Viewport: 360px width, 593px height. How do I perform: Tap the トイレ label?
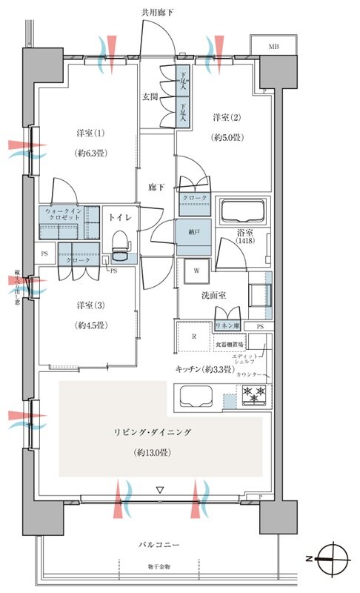120,218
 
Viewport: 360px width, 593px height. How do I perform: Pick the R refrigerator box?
193,336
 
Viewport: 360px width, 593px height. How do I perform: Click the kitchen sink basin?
196,398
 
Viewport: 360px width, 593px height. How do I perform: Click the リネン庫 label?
225,327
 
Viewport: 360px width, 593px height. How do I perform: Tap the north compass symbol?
335,555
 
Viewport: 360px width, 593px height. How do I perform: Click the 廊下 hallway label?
153,188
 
